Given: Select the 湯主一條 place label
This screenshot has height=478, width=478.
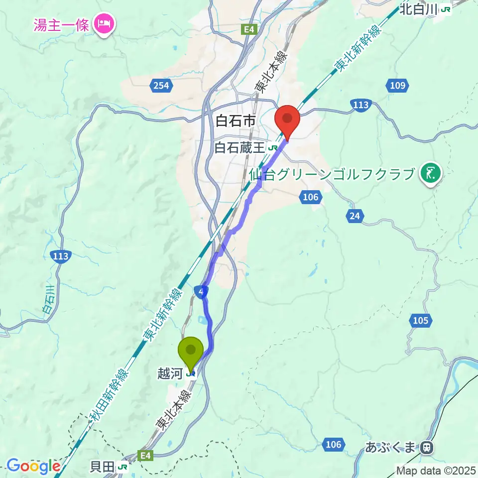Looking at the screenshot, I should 61,24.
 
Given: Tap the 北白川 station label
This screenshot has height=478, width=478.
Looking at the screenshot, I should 420,9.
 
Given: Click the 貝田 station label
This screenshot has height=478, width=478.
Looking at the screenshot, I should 102,467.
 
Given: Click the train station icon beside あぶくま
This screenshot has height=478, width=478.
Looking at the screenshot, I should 426,448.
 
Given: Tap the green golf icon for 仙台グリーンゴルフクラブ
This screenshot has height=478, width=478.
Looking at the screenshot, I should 429,174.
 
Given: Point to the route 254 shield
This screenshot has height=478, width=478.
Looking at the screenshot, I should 161,86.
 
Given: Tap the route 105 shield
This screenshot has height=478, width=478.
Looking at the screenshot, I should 421,321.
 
